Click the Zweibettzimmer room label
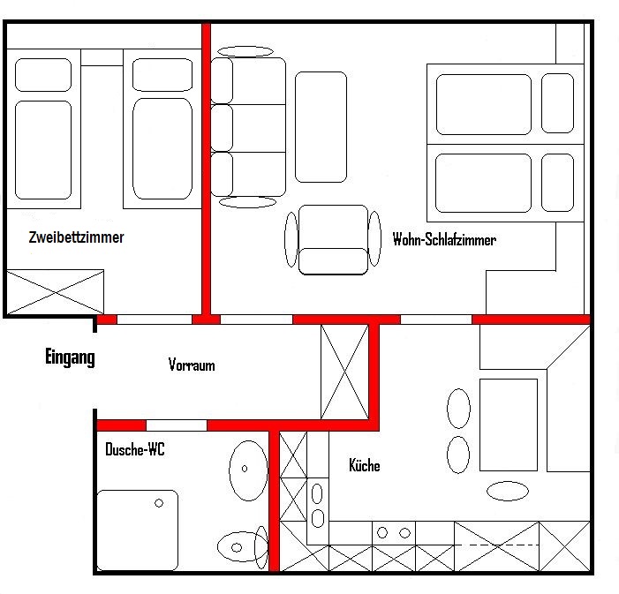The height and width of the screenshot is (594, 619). (x=76, y=237)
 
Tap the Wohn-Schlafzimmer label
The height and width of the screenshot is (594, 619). (x=444, y=239)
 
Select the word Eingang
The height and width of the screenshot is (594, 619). (x=70, y=357)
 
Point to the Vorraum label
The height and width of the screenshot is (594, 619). (x=192, y=365)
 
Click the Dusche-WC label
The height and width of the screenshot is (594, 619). (x=134, y=449)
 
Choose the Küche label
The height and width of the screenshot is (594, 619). (x=365, y=465)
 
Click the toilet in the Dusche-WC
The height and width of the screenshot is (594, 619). (x=242, y=547)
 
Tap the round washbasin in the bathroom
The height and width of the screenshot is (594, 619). (x=248, y=470)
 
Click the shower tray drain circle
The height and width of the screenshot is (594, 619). (x=159, y=503)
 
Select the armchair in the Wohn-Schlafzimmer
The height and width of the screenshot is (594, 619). (x=333, y=239)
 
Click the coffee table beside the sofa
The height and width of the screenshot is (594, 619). (x=321, y=127)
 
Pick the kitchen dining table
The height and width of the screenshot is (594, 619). (x=509, y=425)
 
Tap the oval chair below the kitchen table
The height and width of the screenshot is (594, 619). (x=508, y=491)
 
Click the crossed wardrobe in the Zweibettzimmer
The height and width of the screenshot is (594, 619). (x=56, y=292)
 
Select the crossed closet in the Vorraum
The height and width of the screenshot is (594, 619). (x=344, y=372)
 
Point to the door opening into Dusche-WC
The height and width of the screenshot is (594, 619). (x=177, y=425)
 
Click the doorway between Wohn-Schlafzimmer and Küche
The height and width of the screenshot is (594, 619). (x=436, y=320)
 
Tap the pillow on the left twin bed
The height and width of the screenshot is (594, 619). (x=43, y=75)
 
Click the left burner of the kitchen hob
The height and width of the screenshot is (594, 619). (x=382, y=533)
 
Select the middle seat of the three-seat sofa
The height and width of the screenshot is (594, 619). (x=248, y=128)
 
